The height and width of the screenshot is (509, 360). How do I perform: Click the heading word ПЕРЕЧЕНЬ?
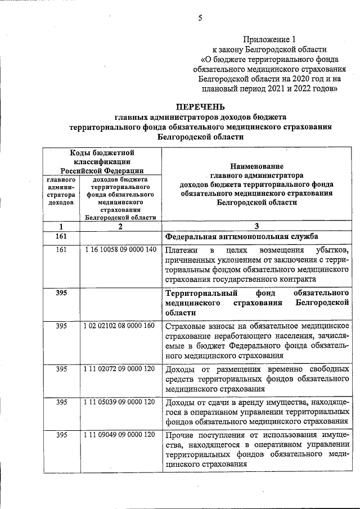(200, 106)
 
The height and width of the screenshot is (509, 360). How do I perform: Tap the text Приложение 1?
(269, 39)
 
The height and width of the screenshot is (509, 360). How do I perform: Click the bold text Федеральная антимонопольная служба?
(241, 236)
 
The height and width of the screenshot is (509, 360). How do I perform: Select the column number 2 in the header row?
(120, 226)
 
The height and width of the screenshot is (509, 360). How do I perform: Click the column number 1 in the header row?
(61, 226)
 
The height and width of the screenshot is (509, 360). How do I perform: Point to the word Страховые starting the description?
(186, 327)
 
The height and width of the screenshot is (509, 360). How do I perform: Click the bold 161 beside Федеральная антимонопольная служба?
(61, 236)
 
